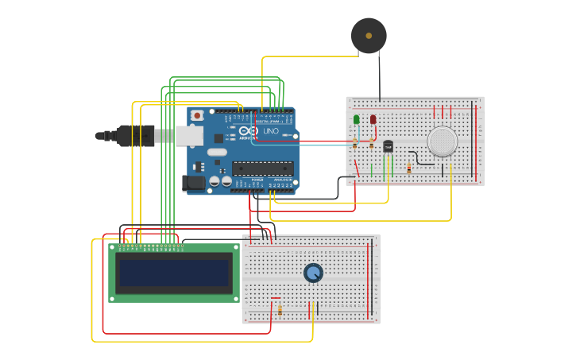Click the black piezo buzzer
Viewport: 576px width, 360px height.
tap(369, 36)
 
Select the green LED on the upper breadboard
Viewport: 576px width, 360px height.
tap(356, 120)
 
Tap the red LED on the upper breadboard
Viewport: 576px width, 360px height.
tap(373, 120)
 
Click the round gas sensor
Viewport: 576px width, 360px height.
tap(442, 141)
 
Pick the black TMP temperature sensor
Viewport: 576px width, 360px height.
tap(388, 146)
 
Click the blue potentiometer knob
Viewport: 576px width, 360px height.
tap(313, 273)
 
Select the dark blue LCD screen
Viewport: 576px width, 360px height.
tap(174, 273)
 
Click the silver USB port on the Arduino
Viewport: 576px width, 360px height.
tap(189, 136)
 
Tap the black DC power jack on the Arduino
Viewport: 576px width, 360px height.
tap(193, 183)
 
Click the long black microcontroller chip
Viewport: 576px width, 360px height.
tap(262, 168)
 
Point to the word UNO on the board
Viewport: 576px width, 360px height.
tap(271, 131)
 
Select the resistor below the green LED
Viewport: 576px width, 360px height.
tap(354, 144)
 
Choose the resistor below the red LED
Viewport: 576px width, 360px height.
tap(371, 144)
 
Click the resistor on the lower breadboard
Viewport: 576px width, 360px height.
tap(280, 310)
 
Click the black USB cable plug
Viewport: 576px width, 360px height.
tap(135, 136)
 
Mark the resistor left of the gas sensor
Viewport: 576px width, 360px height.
tap(409, 168)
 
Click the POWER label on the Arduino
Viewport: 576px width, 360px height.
tap(257, 180)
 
